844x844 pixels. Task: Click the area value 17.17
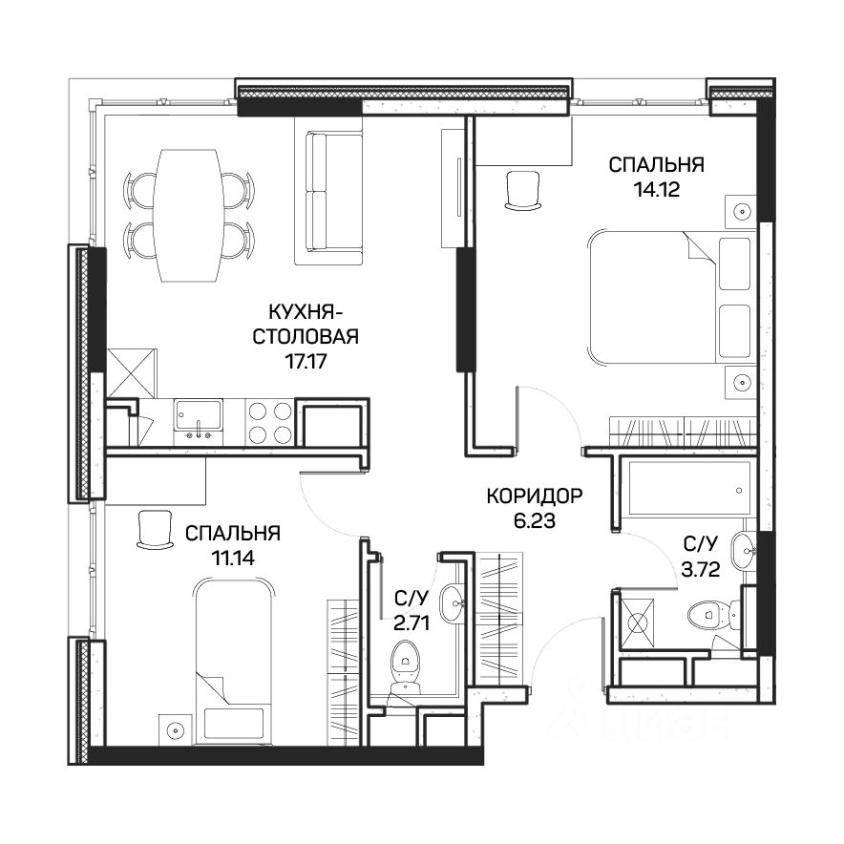tap(306, 361)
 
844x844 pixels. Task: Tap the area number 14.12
tap(657, 189)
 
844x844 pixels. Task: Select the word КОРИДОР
tap(535, 496)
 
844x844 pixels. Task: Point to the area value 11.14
tap(233, 559)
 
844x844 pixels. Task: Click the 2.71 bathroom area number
tap(411, 623)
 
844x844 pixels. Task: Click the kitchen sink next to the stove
tap(198, 422)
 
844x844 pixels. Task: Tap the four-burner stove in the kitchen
tap(270, 422)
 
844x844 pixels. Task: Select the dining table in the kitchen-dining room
tap(188, 215)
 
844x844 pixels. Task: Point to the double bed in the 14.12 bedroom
tap(670, 298)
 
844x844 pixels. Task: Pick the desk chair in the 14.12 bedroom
tap(522, 189)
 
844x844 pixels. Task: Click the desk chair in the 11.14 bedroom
tap(155, 530)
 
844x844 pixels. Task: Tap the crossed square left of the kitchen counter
tap(133, 373)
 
